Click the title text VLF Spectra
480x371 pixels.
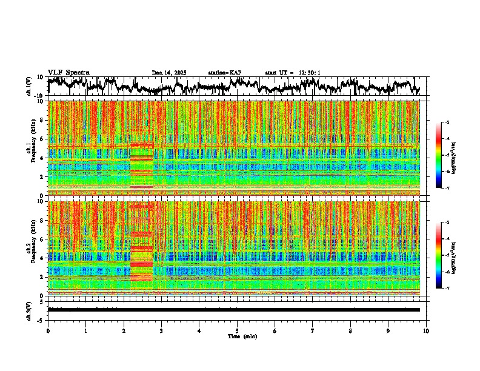coord(68,72)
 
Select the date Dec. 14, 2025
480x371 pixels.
coord(169,73)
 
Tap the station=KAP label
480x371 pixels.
coord(225,73)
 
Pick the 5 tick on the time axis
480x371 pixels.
coord(237,330)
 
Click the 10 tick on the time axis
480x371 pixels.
coord(426,330)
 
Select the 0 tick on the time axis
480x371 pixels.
coord(48,330)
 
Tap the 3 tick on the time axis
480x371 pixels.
coord(161,330)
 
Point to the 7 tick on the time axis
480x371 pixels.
coord(313,330)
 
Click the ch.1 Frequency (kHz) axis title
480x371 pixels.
coord(32,147)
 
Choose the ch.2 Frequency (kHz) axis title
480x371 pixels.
coord(32,248)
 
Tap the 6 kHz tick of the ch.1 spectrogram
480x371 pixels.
coord(42,139)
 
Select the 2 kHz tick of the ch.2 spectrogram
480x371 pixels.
coord(42,277)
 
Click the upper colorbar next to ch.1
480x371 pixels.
coord(443,155)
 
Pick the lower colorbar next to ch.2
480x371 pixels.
coord(443,255)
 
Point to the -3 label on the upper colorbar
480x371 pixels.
coord(447,122)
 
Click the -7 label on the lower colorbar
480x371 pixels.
coord(447,289)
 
